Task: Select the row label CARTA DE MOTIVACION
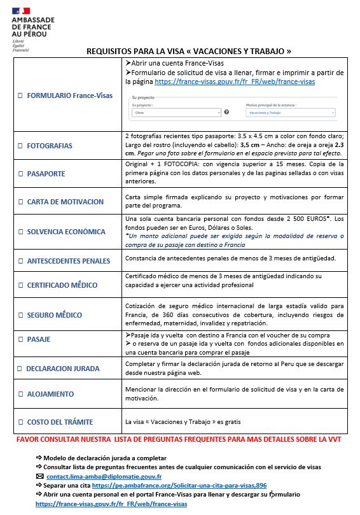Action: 65,202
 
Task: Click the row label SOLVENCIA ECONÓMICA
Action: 69,231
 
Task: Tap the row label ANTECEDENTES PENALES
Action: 68,260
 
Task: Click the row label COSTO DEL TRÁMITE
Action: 60,422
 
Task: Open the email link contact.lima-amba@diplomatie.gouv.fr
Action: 104,476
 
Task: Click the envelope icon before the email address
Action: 40,476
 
